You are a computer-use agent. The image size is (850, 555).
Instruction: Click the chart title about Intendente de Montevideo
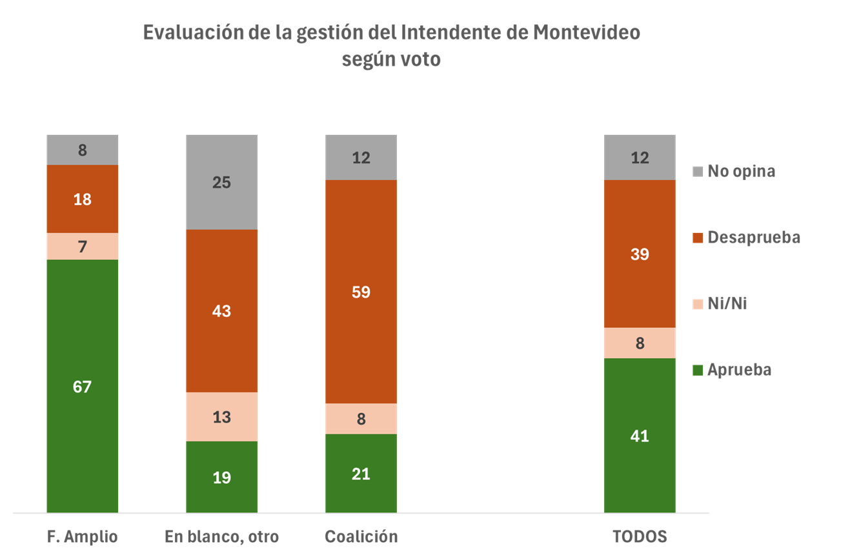click(391, 45)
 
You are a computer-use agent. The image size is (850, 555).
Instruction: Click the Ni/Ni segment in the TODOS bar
click(640, 343)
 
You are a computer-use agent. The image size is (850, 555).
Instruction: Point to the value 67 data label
click(83, 387)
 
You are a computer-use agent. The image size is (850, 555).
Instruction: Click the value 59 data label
click(361, 292)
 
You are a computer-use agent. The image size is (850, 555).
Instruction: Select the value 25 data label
click(221, 183)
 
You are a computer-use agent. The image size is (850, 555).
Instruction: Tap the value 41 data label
click(640, 436)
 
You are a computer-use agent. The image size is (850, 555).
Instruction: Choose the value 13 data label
click(221, 417)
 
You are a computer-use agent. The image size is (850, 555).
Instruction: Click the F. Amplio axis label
click(83, 537)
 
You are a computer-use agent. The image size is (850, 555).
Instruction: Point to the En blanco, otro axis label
click(221, 537)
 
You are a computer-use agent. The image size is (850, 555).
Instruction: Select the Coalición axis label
click(361, 537)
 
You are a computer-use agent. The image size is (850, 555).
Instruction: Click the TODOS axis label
click(640, 537)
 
